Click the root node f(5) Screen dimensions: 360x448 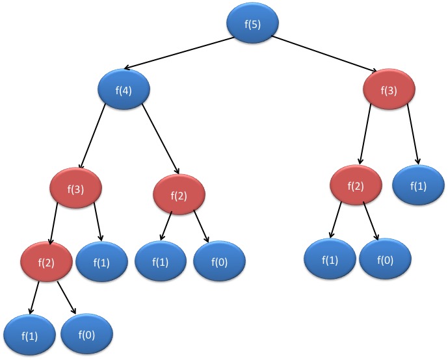click(252, 24)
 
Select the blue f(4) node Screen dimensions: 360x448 click(124, 90)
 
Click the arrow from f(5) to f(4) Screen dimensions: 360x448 click(178, 53)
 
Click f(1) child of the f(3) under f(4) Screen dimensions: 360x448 click(102, 263)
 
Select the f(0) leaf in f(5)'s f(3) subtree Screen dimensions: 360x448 click(386, 259)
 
